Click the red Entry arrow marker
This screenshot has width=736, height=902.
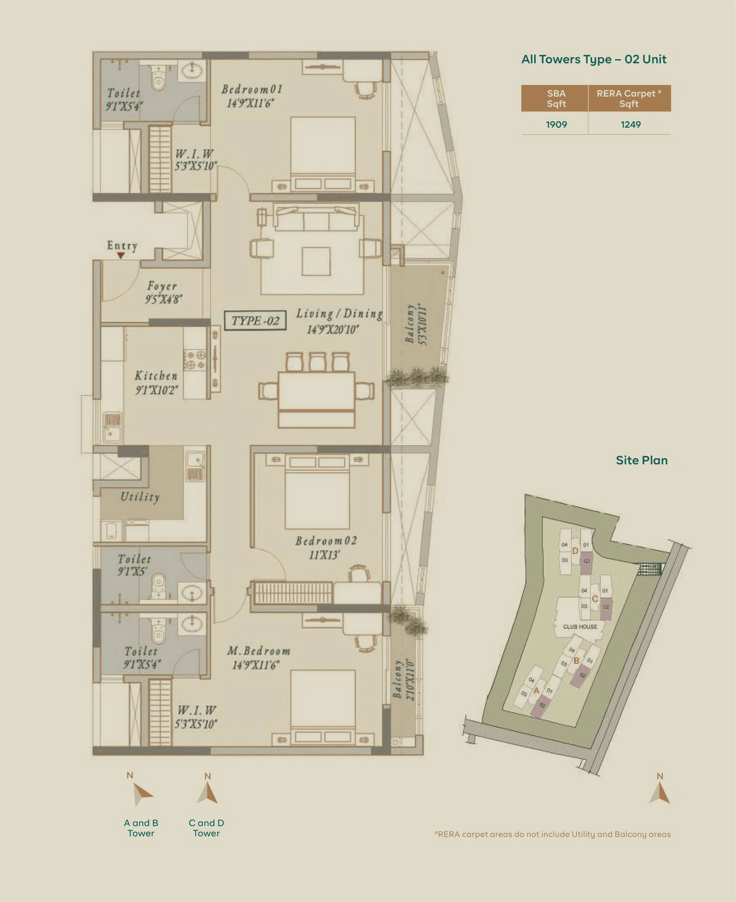121,255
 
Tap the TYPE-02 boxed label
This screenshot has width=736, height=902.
255,320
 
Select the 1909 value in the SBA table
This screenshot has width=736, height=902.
556,125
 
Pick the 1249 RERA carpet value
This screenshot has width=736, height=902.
630,125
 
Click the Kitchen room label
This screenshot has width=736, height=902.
156,376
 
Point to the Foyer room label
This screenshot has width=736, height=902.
162,286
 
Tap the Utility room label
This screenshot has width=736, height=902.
140,496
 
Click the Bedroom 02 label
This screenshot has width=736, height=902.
326,541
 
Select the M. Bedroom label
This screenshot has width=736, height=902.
259,651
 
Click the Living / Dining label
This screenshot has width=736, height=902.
339,314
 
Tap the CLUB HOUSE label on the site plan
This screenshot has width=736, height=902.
580,627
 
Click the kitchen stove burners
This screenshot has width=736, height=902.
195,360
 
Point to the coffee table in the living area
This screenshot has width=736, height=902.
316,261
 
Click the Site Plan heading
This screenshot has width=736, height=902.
641,461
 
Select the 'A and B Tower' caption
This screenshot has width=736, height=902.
141,828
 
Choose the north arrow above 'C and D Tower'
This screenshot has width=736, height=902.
207,793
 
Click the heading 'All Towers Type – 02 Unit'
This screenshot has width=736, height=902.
594,59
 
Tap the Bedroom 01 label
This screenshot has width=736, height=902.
252,90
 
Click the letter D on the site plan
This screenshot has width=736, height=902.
575,551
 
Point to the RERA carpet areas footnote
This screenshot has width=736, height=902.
553,834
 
